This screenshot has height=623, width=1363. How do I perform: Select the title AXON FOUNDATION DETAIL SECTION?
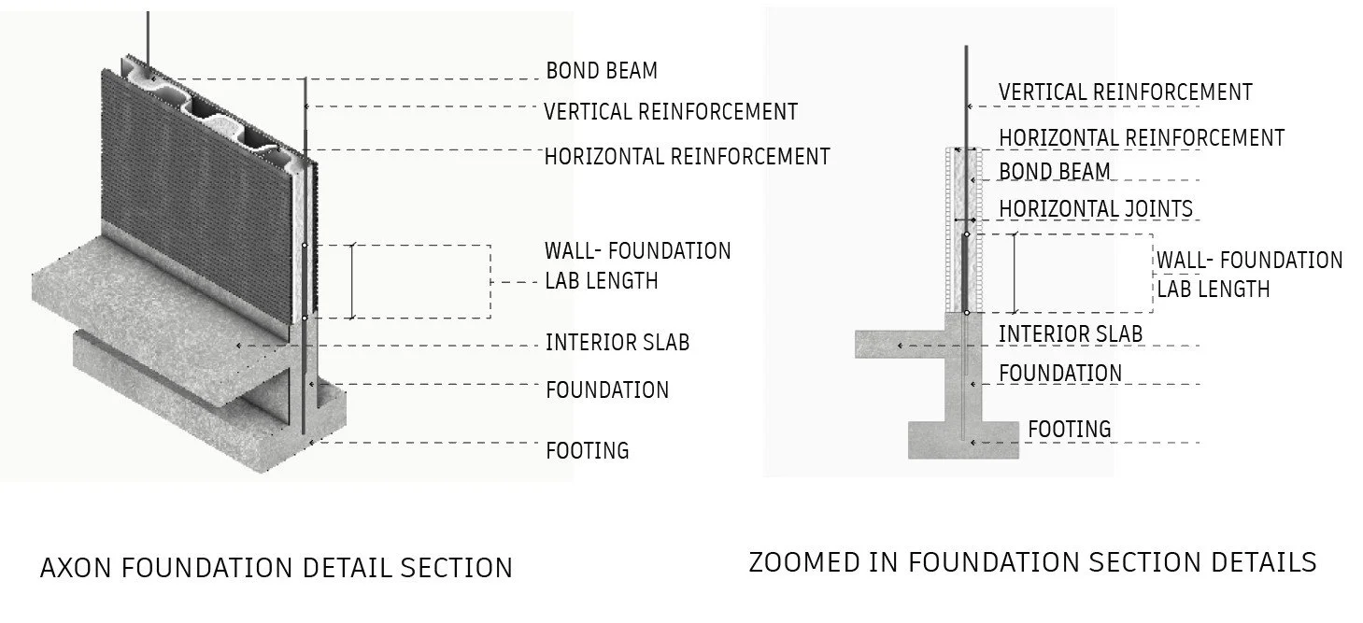pyautogui.click(x=276, y=567)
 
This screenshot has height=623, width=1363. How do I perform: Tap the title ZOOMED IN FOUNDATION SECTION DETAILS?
pyautogui.click(x=1032, y=562)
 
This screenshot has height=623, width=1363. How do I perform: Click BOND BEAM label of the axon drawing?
pyautogui.click(x=602, y=71)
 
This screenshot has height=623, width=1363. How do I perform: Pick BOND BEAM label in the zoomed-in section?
pyautogui.click(x=1055, y=172)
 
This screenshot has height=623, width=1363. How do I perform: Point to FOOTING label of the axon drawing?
pyautogui.click(x=587, y=450)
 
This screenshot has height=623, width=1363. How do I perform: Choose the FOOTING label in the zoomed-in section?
pyautogui.click(x=1070, y=430)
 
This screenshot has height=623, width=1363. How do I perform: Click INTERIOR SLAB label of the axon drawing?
pyautogui.click(x=618, y=343)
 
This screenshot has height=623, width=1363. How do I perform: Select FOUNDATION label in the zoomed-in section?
pyautogui.click(x=1059, y=374)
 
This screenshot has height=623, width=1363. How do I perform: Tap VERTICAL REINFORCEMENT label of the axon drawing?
pyautogui.click(x=671, y=112)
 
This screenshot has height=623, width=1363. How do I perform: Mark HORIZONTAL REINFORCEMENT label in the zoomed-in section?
pyautogui.click(x=1142, y=138)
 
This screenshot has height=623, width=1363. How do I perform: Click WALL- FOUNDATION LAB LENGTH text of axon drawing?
pyautogui.click(x=637, y=265)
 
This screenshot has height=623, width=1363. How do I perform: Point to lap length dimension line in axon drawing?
pyautogui.click(x=352, y=280)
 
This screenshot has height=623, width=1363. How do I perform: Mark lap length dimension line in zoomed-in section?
pyautogui.click(x=1015, y=273)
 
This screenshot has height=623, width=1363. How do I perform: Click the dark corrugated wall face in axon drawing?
pyautogui.click(x=206, y=168)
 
